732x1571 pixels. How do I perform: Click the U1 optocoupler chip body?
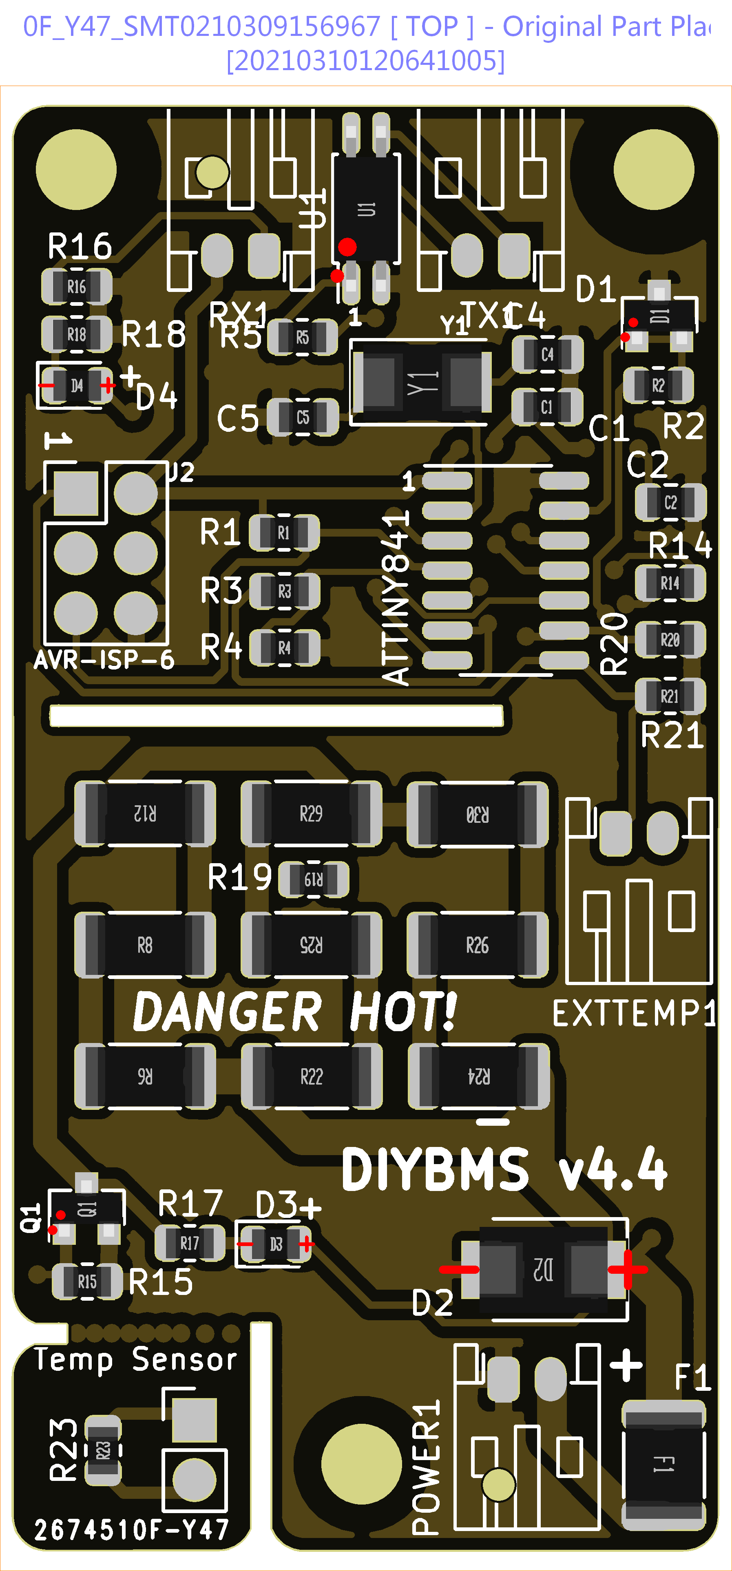point(366,209)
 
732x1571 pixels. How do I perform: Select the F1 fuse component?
point(663,1464)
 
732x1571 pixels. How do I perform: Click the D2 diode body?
point(543,1269)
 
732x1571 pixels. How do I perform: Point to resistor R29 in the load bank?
point(311,813)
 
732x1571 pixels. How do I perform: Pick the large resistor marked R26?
point(477,945)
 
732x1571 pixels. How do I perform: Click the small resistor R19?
point(314,879)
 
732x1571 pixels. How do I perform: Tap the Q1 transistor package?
point(86,1209)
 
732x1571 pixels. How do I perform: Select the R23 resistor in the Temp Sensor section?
point(102,1449)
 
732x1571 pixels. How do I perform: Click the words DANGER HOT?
point(294,1012)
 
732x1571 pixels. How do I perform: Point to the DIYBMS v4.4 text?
point(504,1169)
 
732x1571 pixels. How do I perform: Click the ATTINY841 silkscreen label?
point(395,598)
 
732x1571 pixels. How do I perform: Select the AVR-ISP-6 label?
point(104,660)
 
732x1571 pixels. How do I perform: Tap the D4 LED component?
point(77,385)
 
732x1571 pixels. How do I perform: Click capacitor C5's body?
point(303,418)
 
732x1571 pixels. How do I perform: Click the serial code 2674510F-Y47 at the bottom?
point(131,1529)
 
